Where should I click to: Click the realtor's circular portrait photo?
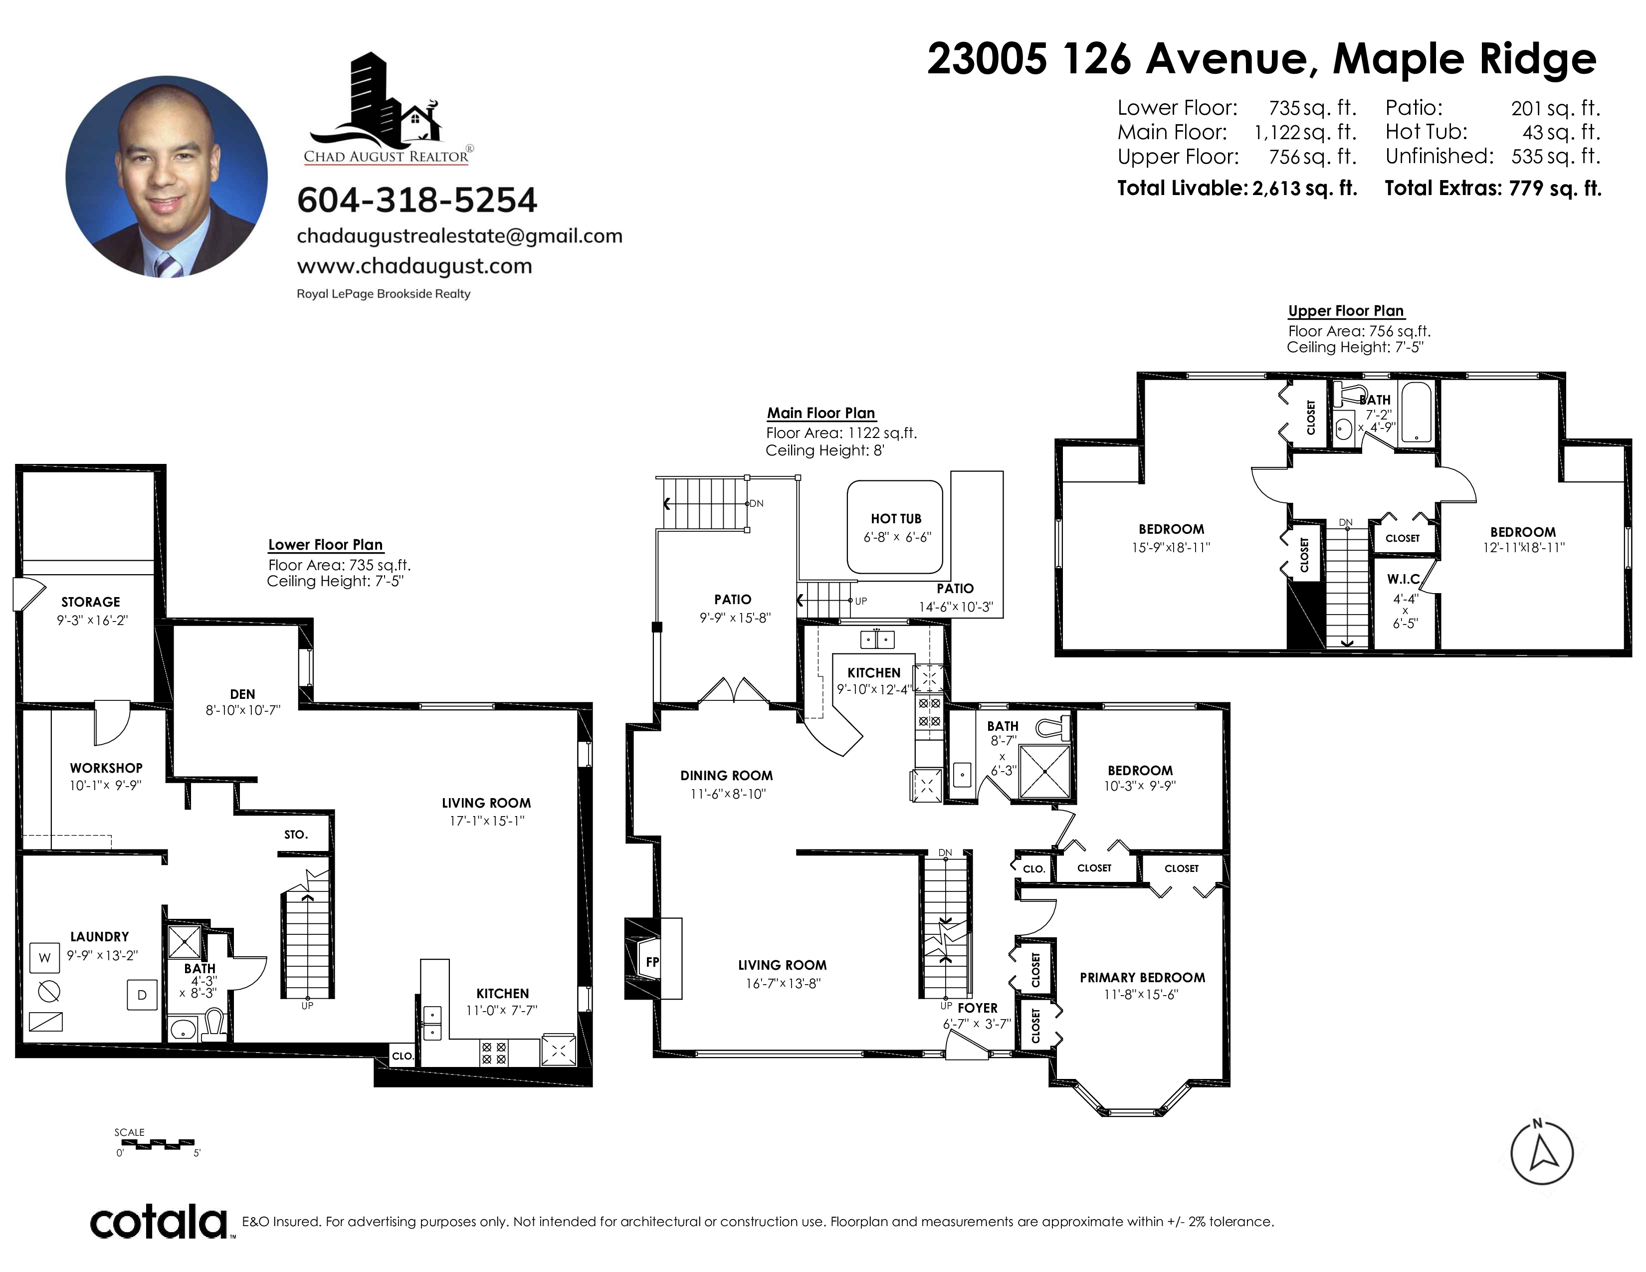tap(167, 176)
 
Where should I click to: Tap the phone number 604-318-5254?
tap(417, 200)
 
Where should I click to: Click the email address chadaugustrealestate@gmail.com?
tap(460, 236)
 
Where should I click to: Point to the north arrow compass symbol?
tap(1542, 1153)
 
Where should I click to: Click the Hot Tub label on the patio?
tap(896, 518)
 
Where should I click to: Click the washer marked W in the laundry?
tap(44, 958)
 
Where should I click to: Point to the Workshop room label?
tap(106, 768)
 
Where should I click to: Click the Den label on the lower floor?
tap(243, 694)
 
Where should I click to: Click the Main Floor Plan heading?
tap(821, 413)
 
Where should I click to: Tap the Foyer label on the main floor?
tap(978, 1008)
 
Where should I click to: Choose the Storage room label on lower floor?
tap(90, 602)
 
